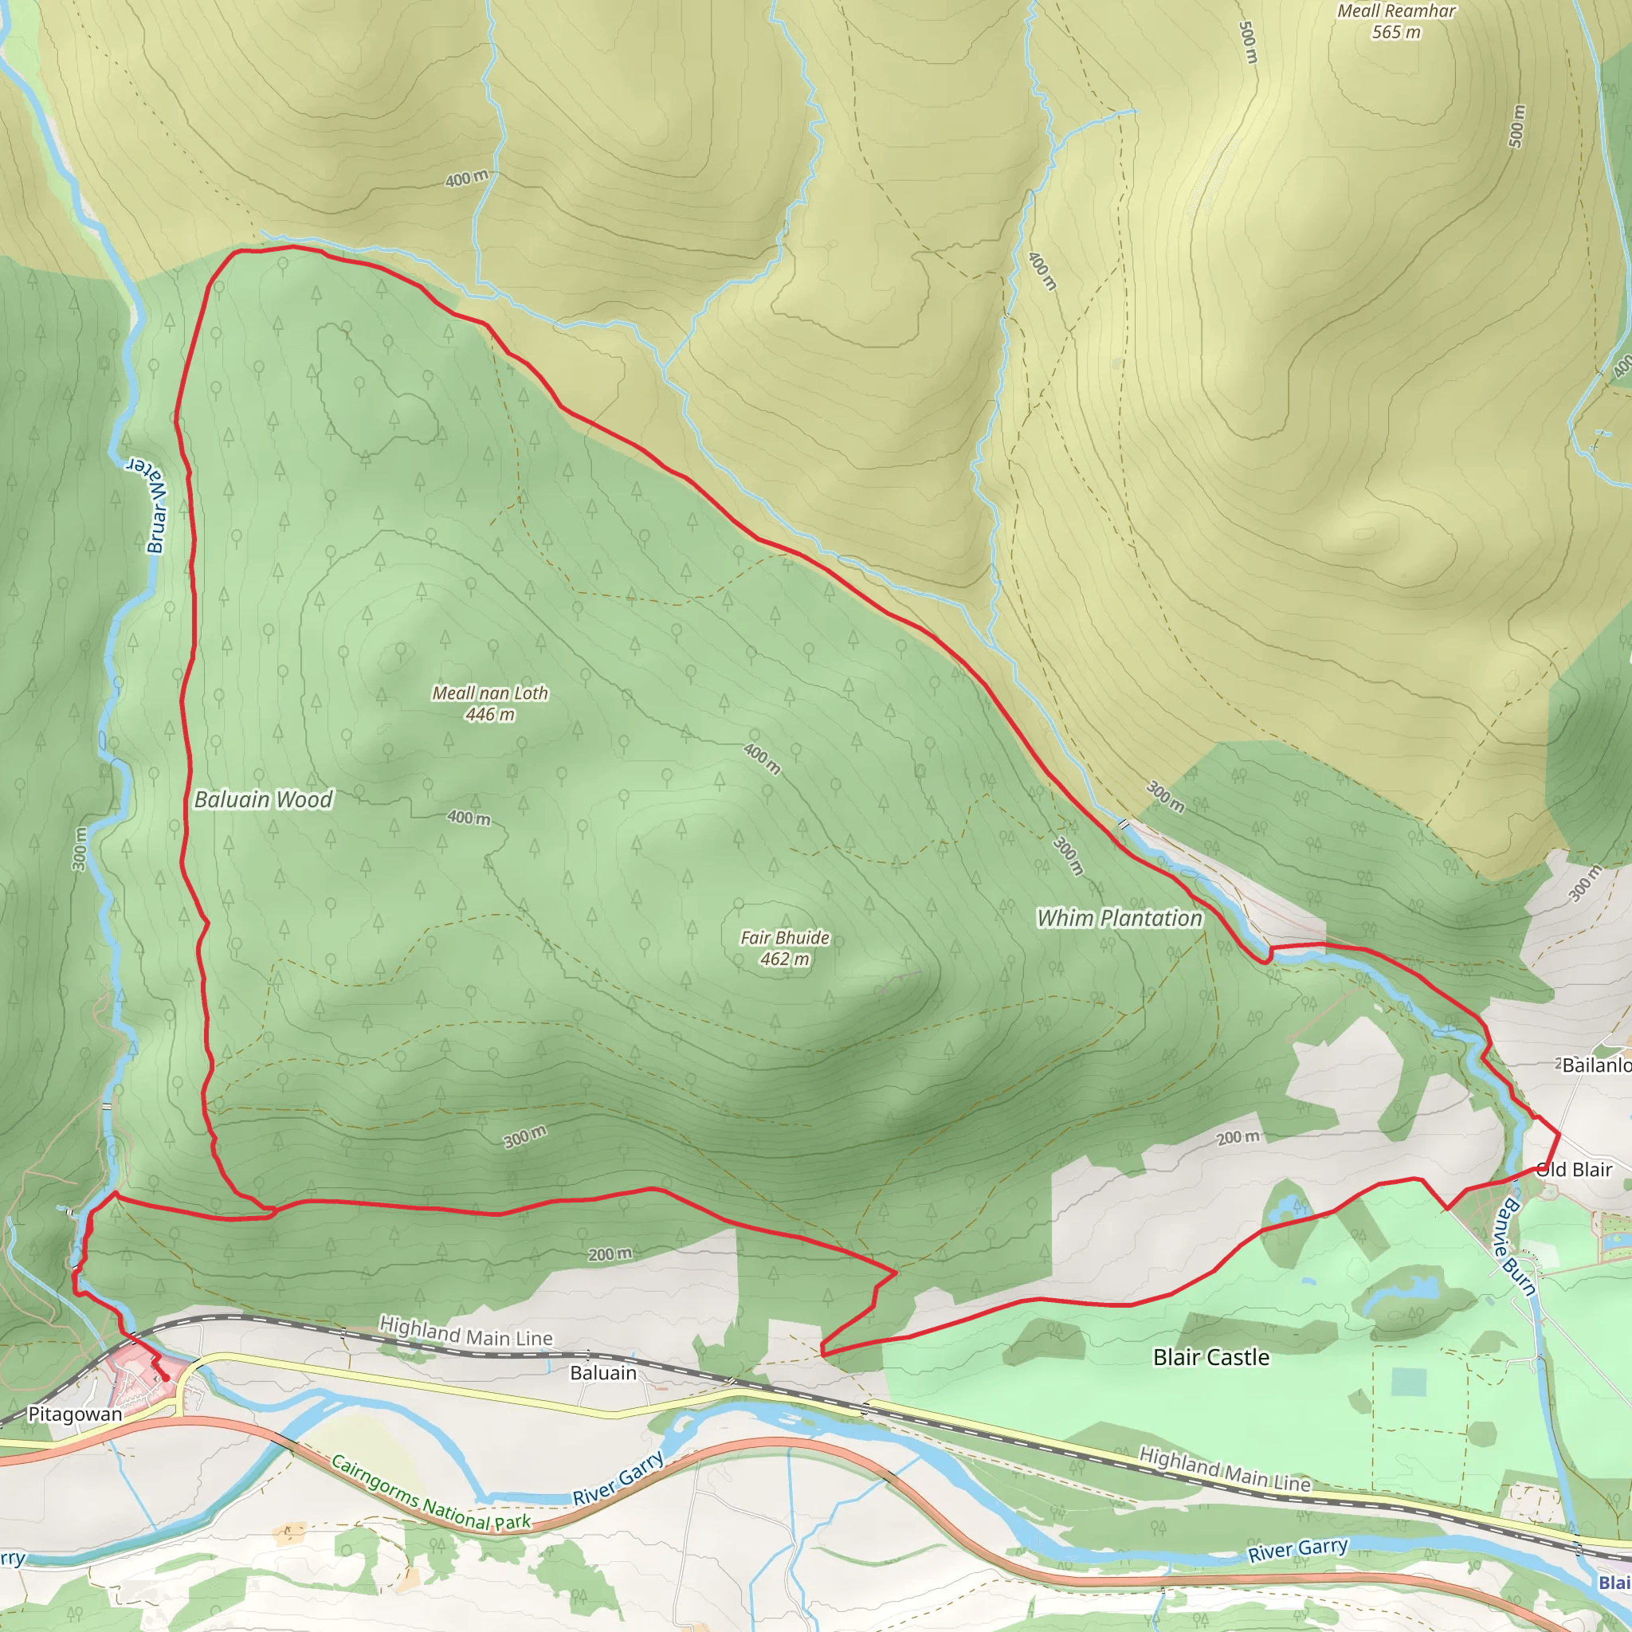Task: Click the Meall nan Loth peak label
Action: pyautogui.click(x=490, y=692)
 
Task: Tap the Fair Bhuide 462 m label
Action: pyautogui.click(x=785, y=947)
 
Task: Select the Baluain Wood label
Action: pyautogui.click(x=264, y=799)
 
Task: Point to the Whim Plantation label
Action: pyautogui.click(x=1120, y=918)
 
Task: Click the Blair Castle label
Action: pyautogui.click(x=1210, y=1356)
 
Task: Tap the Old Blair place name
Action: pyautogui.click(x=1575, y=1169)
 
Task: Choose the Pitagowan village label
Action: pyautogui.click(x=75, y=1413)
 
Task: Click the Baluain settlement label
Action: pyautogui.click(x=603, y=1373)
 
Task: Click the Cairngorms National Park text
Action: pyautogui.click(x=430, y=1493)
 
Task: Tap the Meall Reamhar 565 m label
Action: pyautogui.click(x=1396, y=22)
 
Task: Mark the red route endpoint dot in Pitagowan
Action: pyautogui.click(x=166, y=1379)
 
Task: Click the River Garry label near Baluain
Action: pyautogui.click(x=618, y=1478)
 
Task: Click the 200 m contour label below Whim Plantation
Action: pyautogui.click(x=1238, y=1138)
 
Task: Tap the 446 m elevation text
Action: pyautogui.click(x=490, y=715)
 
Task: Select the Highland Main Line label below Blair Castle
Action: pyautogui.click(x=1225, y=1469)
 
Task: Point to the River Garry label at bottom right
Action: pyautogui.click(x=1297, y=1549)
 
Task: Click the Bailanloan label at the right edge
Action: pyautogui.click(x=1595, y=1065)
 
